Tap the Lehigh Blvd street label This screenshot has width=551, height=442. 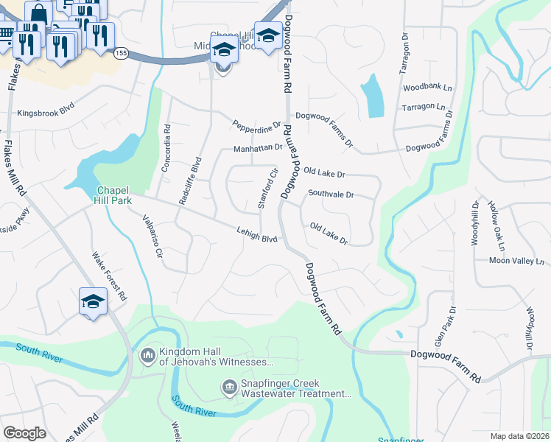(257, 234)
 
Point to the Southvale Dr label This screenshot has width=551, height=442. (331, 195)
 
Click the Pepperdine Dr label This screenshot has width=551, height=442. (256, 126)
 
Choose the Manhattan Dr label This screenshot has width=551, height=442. (258, 147)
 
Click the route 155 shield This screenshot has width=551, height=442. (121, 52)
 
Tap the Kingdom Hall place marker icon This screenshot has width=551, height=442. (147, 357)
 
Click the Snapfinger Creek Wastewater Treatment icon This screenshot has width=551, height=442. (229, 387)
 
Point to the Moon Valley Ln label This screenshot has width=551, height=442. (519, 261)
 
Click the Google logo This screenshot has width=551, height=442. (24, 433)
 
